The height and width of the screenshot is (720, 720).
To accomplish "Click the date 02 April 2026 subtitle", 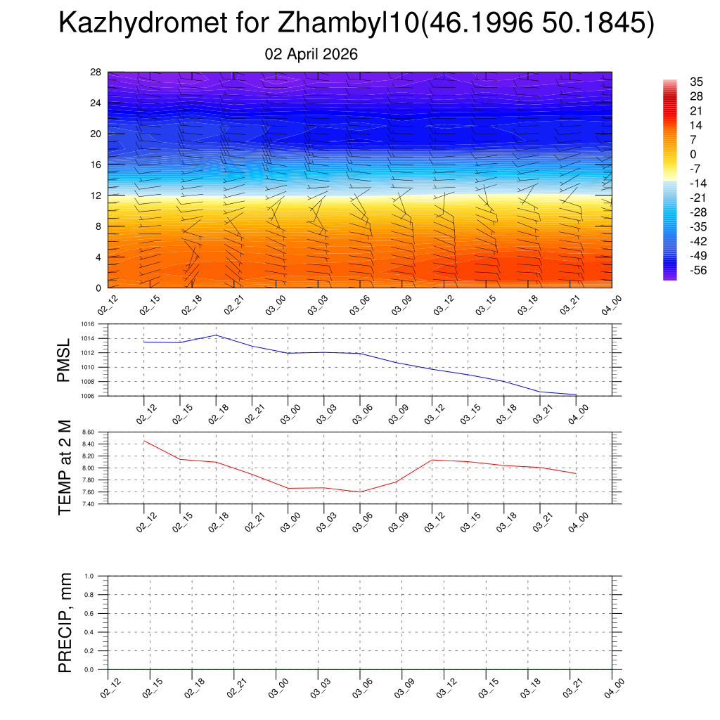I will tap(311, 54).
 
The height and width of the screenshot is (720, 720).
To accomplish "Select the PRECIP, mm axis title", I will tap(65, 623).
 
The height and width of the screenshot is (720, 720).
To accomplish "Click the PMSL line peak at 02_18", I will tap(216, 335).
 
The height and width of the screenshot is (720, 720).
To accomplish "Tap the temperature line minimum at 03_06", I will tap(360, 491).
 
